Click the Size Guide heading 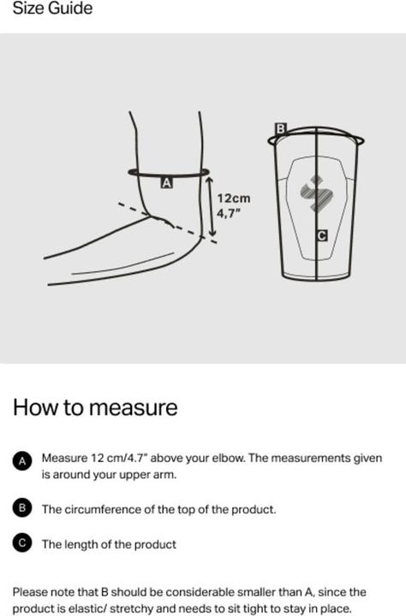click(x=53, y=9)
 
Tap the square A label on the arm click(x=167, y=183)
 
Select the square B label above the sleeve click(x=280, y=128)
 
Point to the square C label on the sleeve click(x=322, y=235)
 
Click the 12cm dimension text click(x=234, y=198)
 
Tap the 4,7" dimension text click(x=228, y=213)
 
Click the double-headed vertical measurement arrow click(x=211, y=207)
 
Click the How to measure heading click(x=95, y=407)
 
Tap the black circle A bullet click(x=22, y=461)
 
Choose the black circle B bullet click(x=22, y=508)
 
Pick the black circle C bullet click(x=22, y=542)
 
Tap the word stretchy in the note click(x=131, y=609)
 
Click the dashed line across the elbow click(x=168, y=222)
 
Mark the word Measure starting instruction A click(x=64, y=458)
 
